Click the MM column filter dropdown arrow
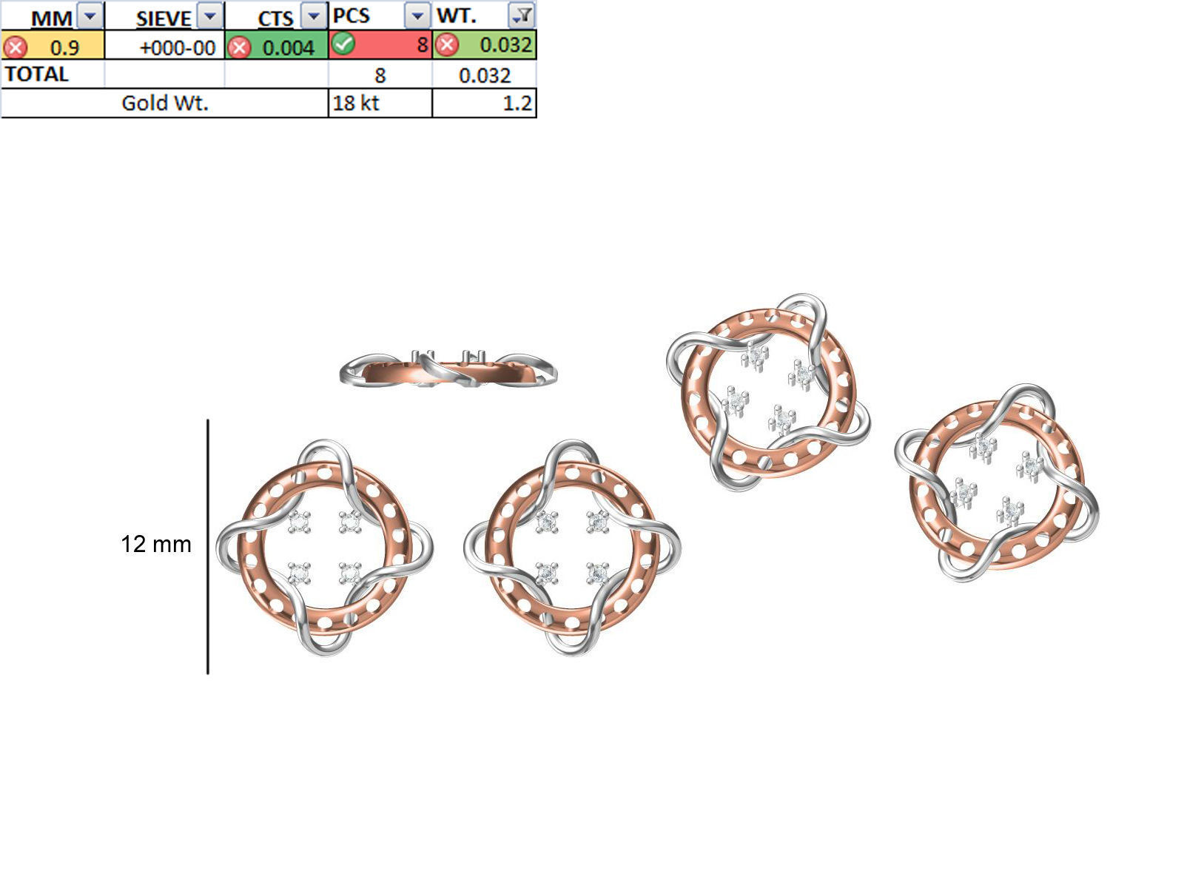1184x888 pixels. pos(90,16)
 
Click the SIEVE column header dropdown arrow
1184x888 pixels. pos(211,16)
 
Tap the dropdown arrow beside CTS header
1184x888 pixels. pos(314,16)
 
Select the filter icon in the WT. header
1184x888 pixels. pos(522,15)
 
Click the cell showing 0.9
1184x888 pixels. pos(64,47)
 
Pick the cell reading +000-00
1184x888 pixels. pos(177,47)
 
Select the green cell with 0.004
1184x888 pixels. pos(288,47)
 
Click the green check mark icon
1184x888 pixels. pos(343,44)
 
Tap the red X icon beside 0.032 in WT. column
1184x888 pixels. pos(446,45)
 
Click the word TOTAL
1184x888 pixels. pos(36,74)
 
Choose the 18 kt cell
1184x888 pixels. pos(356,103)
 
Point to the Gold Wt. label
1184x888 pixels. pos(164,103)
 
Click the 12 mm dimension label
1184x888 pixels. pos(155,544)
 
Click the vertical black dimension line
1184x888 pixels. pos(208,548)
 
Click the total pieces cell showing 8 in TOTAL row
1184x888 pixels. pos(380,75)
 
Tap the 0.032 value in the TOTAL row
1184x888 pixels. pos(484,75)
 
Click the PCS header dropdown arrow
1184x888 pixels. pos(417,16)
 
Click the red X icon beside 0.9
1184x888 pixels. pos(15,47)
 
